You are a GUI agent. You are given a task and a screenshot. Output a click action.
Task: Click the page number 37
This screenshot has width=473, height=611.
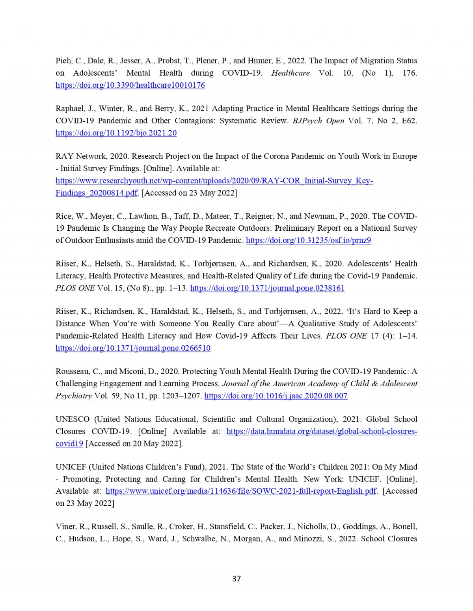click(x=236, y=578)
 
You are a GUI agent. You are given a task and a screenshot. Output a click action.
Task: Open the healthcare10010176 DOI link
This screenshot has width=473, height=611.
click(x=130, y=85)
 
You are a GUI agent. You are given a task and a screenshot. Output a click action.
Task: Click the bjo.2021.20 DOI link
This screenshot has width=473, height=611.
click(x=116, y=133)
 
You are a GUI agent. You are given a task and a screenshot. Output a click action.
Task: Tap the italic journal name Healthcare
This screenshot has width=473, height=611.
click(x=290, y=73)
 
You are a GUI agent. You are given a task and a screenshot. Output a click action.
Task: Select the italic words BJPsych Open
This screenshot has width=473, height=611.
click(x=318, y=120)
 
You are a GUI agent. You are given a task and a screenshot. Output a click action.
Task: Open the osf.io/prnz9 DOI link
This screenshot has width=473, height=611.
click(x=308, y=240)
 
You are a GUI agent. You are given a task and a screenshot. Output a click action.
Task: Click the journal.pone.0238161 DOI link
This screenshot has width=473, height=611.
click(x=267, y=288)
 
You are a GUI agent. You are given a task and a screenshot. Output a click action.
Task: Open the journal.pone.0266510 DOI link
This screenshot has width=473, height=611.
click(x=133, y=348)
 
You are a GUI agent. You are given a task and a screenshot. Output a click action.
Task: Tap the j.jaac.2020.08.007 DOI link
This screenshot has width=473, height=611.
click(x=276, y=396)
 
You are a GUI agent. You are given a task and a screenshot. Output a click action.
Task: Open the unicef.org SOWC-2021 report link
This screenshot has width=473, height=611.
click(x=241, y=491)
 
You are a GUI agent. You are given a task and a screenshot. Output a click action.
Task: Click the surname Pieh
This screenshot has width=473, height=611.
click(x=63, y=61)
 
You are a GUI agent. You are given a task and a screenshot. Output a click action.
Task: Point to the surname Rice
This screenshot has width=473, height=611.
click(x=63, y=216)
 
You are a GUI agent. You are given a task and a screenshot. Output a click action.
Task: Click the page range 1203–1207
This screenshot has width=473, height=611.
click(x=182, y=396)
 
